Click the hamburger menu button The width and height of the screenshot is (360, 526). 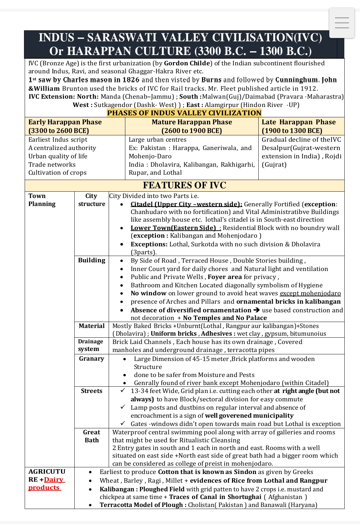tap(342, 23)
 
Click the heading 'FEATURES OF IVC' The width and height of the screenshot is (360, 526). tap(184, 185)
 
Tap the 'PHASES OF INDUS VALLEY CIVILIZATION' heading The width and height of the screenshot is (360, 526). tap(184, 113)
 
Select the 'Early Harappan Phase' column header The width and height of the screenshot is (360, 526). tap(65, 126)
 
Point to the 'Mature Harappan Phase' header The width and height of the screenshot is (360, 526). tap(192, 126)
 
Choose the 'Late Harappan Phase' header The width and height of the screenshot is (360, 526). tap(298, 126)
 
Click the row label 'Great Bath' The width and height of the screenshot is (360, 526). tap(91, 436)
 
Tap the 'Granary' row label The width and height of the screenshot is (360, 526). tap(91, 358)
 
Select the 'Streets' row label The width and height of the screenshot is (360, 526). tap(91, 391)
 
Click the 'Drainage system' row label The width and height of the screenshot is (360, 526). tap(90, 345)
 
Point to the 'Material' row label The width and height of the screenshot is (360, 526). tap(91, 326)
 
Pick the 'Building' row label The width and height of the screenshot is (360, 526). tap(91, 260)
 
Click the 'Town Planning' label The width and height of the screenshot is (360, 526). tap(42, 200)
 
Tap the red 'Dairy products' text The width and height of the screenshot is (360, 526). tap(47, 484)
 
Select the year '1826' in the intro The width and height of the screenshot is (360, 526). tap(131, 80)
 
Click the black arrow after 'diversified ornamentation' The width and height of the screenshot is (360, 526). tap(256, 310)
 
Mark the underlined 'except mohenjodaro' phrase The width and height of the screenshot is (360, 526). tap(310, 293)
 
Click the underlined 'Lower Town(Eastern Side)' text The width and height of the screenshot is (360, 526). tap(173, 228)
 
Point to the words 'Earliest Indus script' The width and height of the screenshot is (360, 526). tap(58, 139)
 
